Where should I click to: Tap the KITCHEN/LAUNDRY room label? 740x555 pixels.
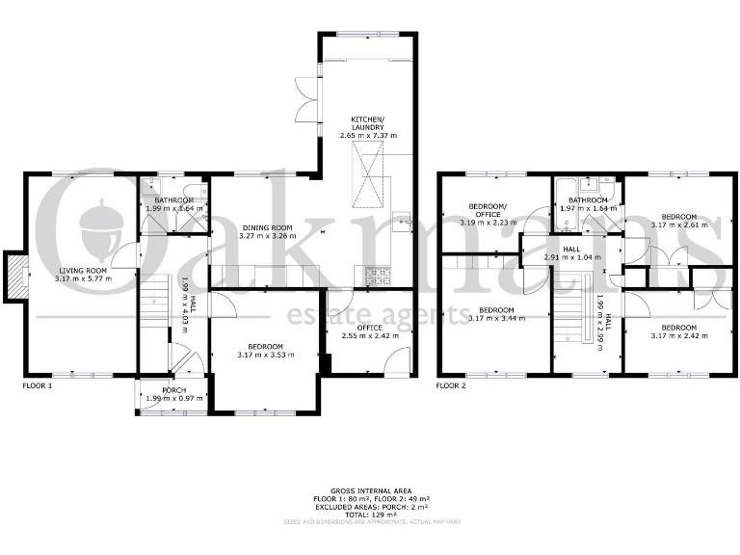[367, 122]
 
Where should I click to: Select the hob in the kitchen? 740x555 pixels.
[378, 277]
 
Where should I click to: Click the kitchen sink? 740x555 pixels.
[407, 221]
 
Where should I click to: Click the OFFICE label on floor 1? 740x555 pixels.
[370, 329]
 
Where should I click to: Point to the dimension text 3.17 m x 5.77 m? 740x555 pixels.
[82, 279]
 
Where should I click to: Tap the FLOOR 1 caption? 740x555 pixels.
[38, 384]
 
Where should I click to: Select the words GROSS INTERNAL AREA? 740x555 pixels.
[370, 490]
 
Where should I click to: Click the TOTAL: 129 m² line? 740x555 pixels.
[370, 513]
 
